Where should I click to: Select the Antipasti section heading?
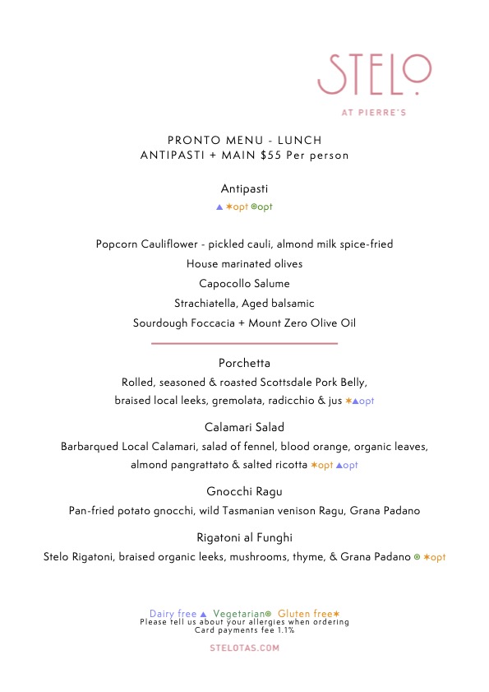[244, 188]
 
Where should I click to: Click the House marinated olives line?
[244, 263]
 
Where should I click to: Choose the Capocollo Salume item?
[244, 283]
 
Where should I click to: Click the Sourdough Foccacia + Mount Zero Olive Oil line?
[244, 323]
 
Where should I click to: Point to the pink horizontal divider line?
[244, 343]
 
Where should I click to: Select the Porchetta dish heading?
[244, 363]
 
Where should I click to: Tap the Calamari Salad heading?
[244, 427]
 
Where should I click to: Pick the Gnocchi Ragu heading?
[244, 491]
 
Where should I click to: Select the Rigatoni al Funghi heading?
[244, 537]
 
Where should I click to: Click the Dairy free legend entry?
[178, 614]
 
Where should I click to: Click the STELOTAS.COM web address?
[244, 648]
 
